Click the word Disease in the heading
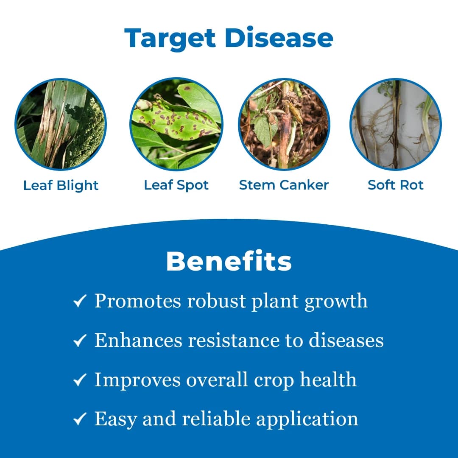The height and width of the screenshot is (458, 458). [x=279, y=38]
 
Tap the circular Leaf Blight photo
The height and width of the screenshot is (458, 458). [x=61, y=124]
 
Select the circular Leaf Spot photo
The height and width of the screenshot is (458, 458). [x=176, y=124]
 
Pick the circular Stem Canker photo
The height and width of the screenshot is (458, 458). [x=284, y=124]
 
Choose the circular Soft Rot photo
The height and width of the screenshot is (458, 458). [x=396, y=124]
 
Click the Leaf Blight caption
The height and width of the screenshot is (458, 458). [x=61, y=185]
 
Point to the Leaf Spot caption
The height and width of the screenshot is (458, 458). [x=176, y=185]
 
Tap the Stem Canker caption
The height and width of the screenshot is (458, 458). [x=284, y=185]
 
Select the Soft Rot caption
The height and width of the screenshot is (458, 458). [x=396, y=185]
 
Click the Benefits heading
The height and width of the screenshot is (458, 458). [x=229, y=261]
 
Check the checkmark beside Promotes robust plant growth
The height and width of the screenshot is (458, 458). [x=80, y=302]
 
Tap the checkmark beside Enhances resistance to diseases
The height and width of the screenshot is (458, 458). [x=80, y=341]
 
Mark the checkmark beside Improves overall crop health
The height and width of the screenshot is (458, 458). [x=80, y=380]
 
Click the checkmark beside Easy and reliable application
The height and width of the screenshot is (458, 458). [x=80, y=419]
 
